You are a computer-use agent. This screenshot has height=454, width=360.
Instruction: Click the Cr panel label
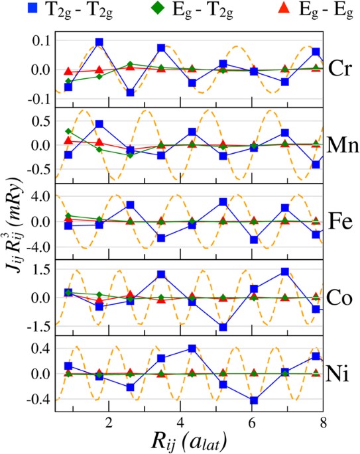(x=341, y=66)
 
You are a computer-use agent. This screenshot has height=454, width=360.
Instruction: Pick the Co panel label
(x=341, y=296)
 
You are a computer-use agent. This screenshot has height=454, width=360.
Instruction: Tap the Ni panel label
(x=341, y=373)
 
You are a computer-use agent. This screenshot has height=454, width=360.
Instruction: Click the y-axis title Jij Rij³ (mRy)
(x=15, y=225)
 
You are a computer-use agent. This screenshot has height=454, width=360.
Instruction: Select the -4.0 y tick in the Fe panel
(x=36, y=247)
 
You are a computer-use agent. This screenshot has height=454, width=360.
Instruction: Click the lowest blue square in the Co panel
(x=223, y=327)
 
